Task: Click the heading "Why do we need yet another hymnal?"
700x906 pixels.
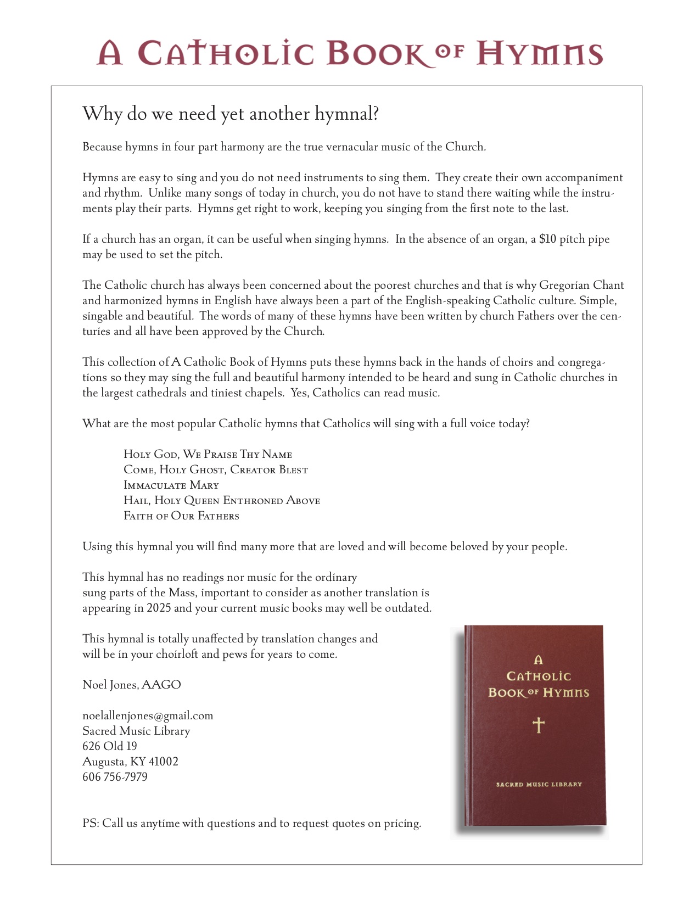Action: pos(231,114)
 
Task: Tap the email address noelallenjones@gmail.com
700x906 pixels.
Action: pos(148,715)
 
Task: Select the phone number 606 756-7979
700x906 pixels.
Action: pos(115,777)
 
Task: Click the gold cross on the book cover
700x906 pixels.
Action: pos(539,725)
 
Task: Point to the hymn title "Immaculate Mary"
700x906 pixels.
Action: pos(171,485)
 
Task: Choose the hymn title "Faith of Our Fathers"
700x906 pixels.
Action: pos(181,516)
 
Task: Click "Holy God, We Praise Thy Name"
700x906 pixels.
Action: pos(208,455)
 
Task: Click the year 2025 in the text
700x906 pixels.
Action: pos(159,608)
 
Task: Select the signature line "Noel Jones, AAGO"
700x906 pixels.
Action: pos(132,685)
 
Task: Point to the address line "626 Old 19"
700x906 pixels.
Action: pos(110,746)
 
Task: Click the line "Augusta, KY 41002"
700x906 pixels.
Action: pos(130,762)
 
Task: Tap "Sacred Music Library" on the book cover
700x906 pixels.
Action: pos(539,785)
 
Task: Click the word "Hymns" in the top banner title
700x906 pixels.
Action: pos(539,54)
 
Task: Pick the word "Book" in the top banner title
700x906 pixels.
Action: pos(376,54)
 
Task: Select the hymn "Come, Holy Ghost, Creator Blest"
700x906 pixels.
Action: pos(216,470)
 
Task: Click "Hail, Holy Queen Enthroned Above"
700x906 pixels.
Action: pos(222,501)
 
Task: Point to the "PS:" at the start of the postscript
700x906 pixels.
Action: pos(91,824)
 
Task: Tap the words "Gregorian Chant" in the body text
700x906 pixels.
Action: pos(581,286)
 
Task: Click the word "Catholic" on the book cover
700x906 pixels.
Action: pos(539,676)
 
